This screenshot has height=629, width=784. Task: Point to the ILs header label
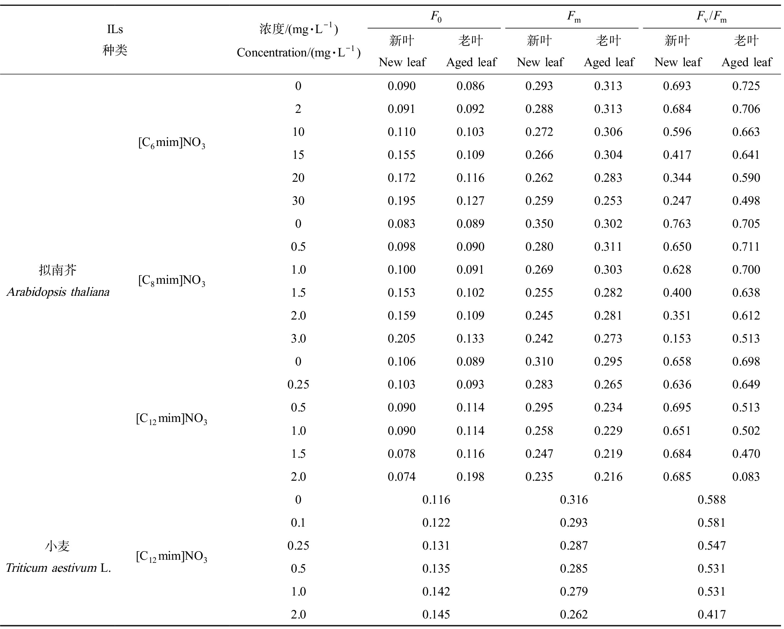point(115,29)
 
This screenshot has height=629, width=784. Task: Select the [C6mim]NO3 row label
point(171,143)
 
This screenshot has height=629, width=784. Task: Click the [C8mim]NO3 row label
point(171,280)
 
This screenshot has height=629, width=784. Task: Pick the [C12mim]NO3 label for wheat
point(171,556)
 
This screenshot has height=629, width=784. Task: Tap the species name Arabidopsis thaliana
point(58,292)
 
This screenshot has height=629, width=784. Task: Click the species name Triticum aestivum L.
point(58,568)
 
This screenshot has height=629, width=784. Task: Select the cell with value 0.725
point(746,86)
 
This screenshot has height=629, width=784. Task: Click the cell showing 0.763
point(677,223)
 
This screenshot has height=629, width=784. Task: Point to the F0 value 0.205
point(401,338)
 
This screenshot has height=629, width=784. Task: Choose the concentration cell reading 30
point(298,200)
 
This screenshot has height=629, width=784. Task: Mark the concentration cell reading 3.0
point(298,338)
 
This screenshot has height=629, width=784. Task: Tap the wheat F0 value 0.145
point(436,614)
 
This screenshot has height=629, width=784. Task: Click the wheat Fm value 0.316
point(574,499)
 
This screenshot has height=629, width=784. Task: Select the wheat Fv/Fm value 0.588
point(711,499)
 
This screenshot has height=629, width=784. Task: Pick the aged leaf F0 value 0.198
point(470,476)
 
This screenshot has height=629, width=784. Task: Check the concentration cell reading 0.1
point(298,522)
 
